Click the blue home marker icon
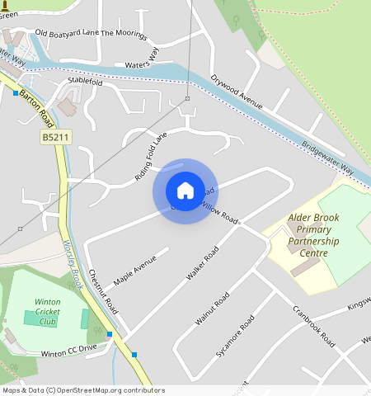(185, 191)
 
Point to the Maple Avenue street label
(134, 270)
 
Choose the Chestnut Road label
(104, 290)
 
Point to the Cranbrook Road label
(314, 326)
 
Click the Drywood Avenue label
(236, 92)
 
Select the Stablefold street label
(86, 82)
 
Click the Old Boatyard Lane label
(68, 34)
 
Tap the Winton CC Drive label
(68, 350)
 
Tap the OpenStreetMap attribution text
(82, 390)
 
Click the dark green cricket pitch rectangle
(35, 318)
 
